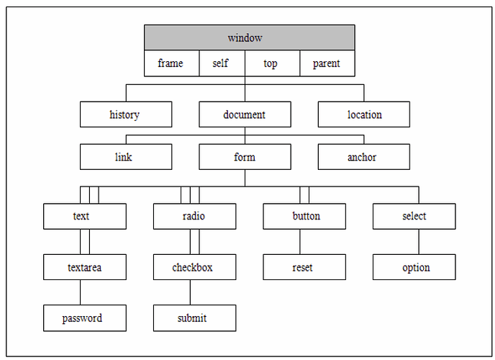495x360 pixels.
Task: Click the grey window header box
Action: click(250, 37)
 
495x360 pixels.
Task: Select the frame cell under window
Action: click(172, 63)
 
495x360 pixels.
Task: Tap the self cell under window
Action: click(222, 63)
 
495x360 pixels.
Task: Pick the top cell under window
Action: click(273, 63)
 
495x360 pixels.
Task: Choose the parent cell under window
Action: click(327, 63)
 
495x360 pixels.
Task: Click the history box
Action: click(126, 114)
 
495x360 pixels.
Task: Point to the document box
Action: click(245, 114)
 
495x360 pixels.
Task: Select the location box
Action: click(364, 114)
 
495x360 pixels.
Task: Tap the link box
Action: click(126, 157)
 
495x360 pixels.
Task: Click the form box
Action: click(245, 157)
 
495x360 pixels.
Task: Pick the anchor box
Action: click(364, 157)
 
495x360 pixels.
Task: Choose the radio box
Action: click(195, 216)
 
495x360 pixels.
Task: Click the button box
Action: click(304, 216)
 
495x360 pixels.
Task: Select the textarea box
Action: click(85, 267)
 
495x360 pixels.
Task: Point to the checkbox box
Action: click(195, 267)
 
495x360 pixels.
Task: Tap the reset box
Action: click(304, 267)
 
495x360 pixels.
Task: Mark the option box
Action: click(414, 267)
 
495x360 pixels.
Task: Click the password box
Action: click(85, 318)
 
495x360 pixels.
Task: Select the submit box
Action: click(195, 318)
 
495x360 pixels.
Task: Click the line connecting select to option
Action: click(419, 242)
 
